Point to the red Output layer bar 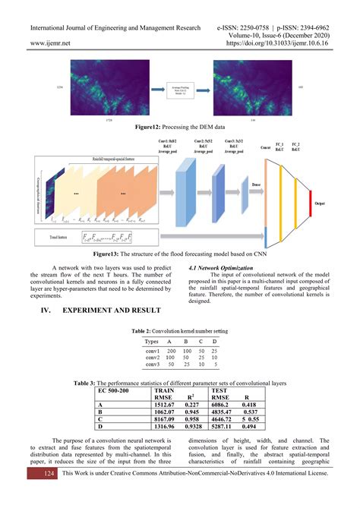pyautogui.click(x=330, y=204)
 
